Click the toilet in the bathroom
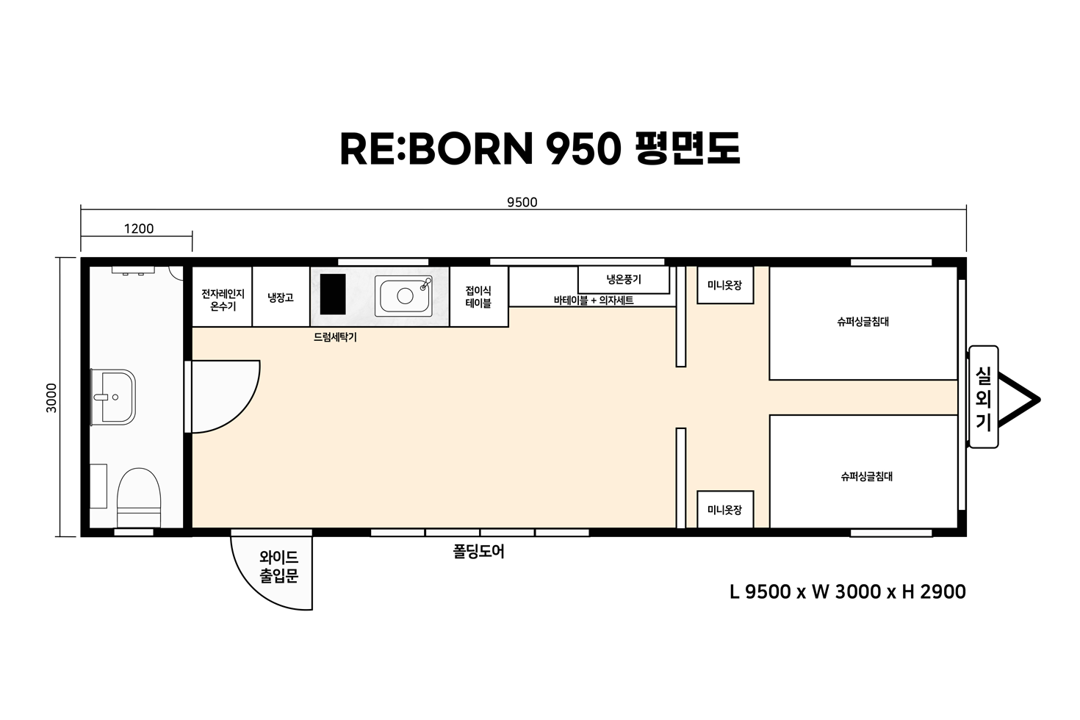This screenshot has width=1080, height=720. (139, 497)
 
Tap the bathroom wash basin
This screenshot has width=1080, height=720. (114, 397)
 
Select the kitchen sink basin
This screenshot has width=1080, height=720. (403, 295)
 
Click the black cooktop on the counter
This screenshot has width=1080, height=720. (333, 294)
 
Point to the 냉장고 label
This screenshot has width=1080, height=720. (281, 298)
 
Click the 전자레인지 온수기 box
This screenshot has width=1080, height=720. (223, 297)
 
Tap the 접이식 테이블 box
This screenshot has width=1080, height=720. (479, 297)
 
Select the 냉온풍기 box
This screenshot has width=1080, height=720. (624, 280)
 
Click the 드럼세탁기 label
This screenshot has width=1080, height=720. (335, 337)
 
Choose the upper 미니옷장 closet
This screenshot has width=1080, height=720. (725, 285)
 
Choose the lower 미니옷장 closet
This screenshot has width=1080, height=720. (725, 509)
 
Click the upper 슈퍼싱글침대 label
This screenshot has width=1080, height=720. (863, 322)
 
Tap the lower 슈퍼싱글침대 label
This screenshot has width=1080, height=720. (867, 477)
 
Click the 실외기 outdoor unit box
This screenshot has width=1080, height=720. (984, 397)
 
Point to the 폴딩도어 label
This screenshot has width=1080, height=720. (479, 551)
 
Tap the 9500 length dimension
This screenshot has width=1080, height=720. (522, 202)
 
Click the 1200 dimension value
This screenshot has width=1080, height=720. (139, 228)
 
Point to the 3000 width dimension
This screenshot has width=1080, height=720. (51, 398)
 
